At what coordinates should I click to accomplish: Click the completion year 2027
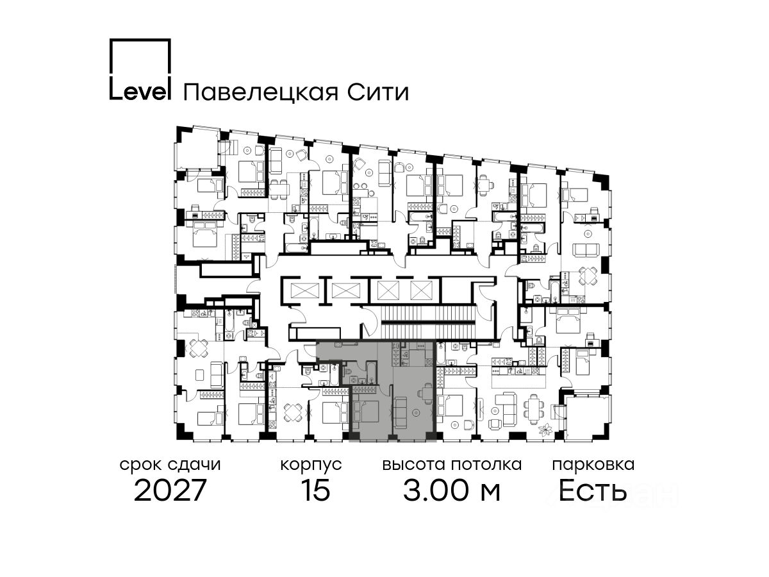[x=170, y=491]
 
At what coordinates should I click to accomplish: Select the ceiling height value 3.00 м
[x=451, y=491]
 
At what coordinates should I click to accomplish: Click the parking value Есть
[x=593, y=491]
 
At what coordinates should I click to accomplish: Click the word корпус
[x=311, y=464]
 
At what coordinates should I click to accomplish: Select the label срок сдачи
[x=170, y=464]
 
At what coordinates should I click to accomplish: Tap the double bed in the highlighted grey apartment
[x=367, y=411]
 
